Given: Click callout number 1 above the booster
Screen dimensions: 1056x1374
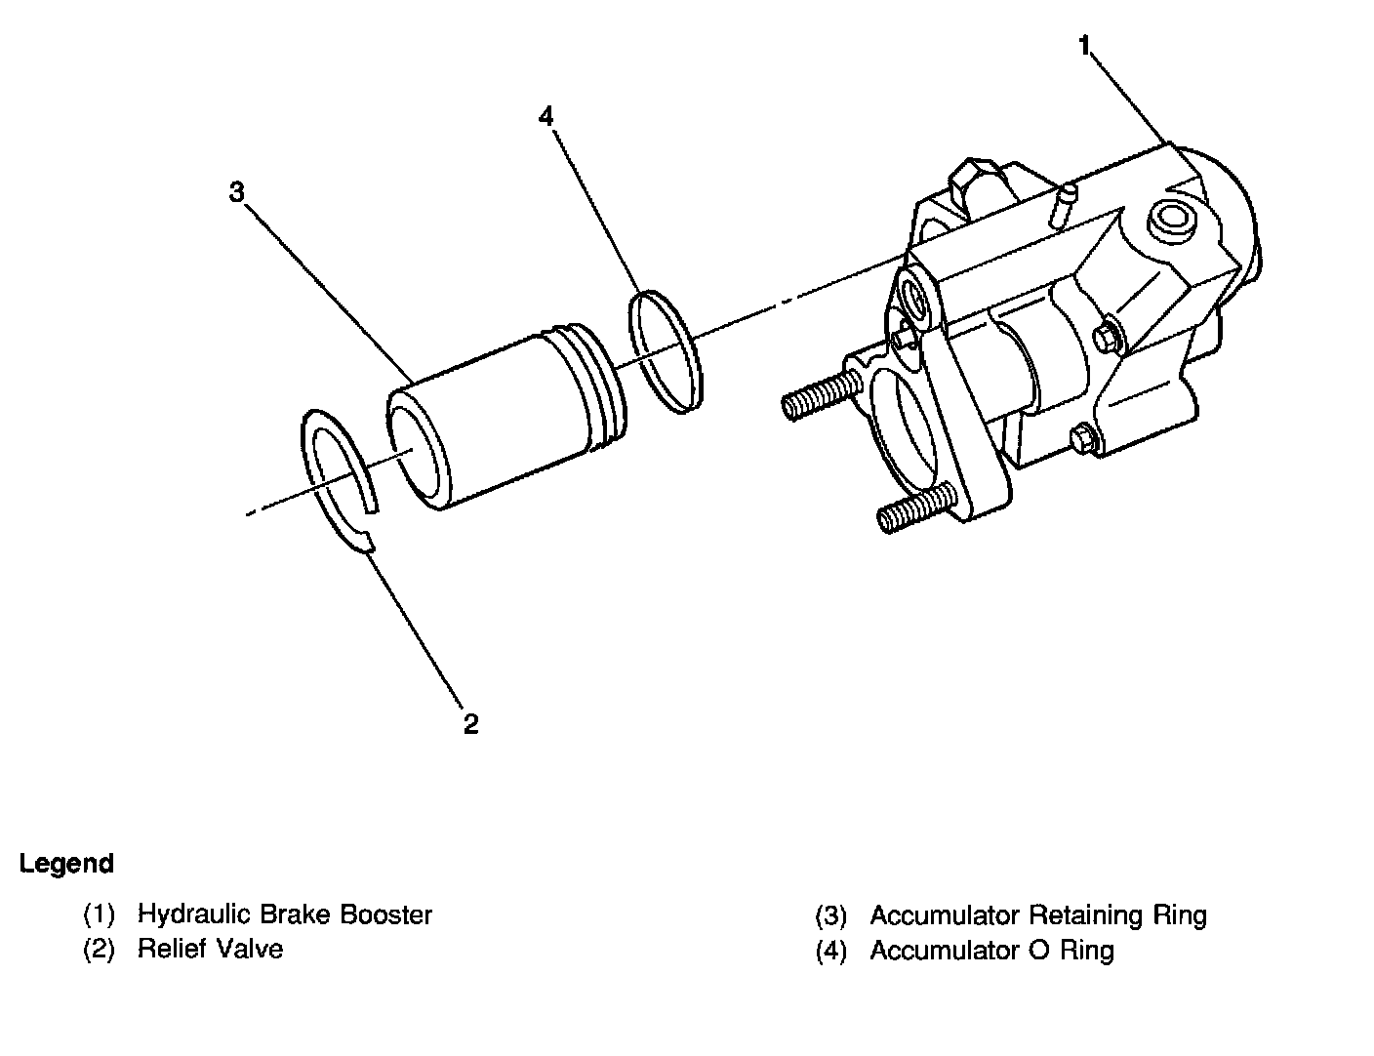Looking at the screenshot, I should (1084, 44).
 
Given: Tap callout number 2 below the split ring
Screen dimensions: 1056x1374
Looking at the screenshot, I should (471, 724).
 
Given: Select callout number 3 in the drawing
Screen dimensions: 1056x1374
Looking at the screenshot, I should (237, 192).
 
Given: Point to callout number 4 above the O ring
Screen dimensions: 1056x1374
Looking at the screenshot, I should (546, 116).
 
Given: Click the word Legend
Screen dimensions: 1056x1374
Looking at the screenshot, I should (66, 864).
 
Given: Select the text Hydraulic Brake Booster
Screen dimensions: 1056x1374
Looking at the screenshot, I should (284, 914).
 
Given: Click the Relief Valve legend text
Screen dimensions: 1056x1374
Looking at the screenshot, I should (210, 949).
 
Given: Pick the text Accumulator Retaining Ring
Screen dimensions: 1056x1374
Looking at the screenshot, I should (1037, 915).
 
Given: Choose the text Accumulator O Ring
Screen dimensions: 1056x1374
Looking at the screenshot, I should (991, 950).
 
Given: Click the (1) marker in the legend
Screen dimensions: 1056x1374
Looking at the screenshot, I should (99, 915).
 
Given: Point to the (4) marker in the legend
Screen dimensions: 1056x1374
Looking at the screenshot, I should (831, 951).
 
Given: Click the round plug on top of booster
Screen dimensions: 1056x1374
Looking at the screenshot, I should (1170, 223).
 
